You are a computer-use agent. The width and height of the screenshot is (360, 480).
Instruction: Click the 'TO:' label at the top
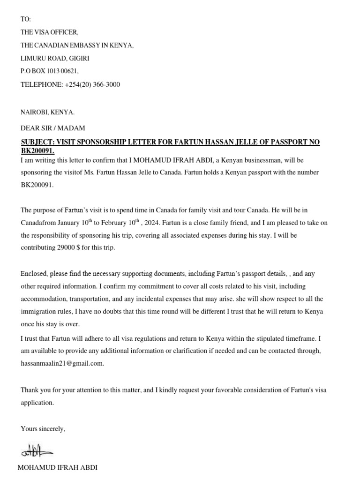[x=25, y=19]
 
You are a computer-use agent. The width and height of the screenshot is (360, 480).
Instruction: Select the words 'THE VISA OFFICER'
[x=50, y=32]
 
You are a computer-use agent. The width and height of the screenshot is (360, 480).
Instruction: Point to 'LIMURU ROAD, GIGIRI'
[x=55, y=59]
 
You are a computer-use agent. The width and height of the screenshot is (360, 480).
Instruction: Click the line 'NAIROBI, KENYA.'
[x=47, y=112]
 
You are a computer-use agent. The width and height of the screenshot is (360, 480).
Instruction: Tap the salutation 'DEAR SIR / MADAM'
[x=53, y=128]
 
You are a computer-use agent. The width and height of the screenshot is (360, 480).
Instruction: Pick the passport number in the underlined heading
[x=37, y=151]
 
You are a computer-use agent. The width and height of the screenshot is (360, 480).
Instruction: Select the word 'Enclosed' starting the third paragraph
[x=33, y=273]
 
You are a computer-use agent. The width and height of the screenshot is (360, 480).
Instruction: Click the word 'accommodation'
[x=43, y=299]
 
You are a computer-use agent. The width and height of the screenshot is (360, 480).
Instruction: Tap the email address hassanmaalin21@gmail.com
[x=62, y=363]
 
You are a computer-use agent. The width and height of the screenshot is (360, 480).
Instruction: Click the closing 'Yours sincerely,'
[x=43, y=428]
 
